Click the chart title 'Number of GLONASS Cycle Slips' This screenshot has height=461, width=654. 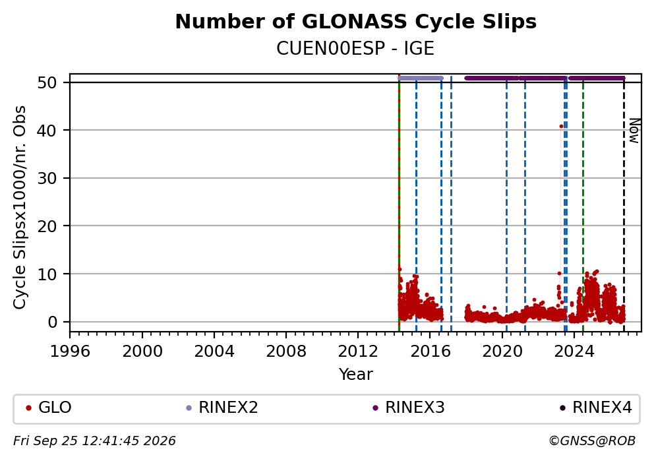[x=356, y=22]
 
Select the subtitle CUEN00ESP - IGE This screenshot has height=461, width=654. [x=355, y=48]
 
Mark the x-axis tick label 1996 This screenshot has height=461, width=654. [x=70, y=352]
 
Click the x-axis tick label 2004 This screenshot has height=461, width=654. [x=214, y=352]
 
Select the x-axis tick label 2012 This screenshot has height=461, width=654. [x=358, y=352]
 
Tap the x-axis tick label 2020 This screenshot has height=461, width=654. [x=502, y=352]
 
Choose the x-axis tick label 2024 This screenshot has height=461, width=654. [x=574, y=352]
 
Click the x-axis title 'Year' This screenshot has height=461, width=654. [x=356, y=374]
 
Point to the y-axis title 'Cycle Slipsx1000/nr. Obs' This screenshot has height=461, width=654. [x=19, y=207]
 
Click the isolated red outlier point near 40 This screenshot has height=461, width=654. [x=561, y=126]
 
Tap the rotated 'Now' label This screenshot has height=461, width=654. [x=634, y=131]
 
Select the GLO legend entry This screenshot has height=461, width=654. [x=49, y=407]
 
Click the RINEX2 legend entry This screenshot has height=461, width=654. [x=222, y=407]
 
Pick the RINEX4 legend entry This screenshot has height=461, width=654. [x=596, y=407]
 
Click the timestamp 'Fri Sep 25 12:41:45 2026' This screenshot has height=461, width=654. [x=95, y=441]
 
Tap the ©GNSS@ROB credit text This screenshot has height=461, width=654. [x=592, y=441]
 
